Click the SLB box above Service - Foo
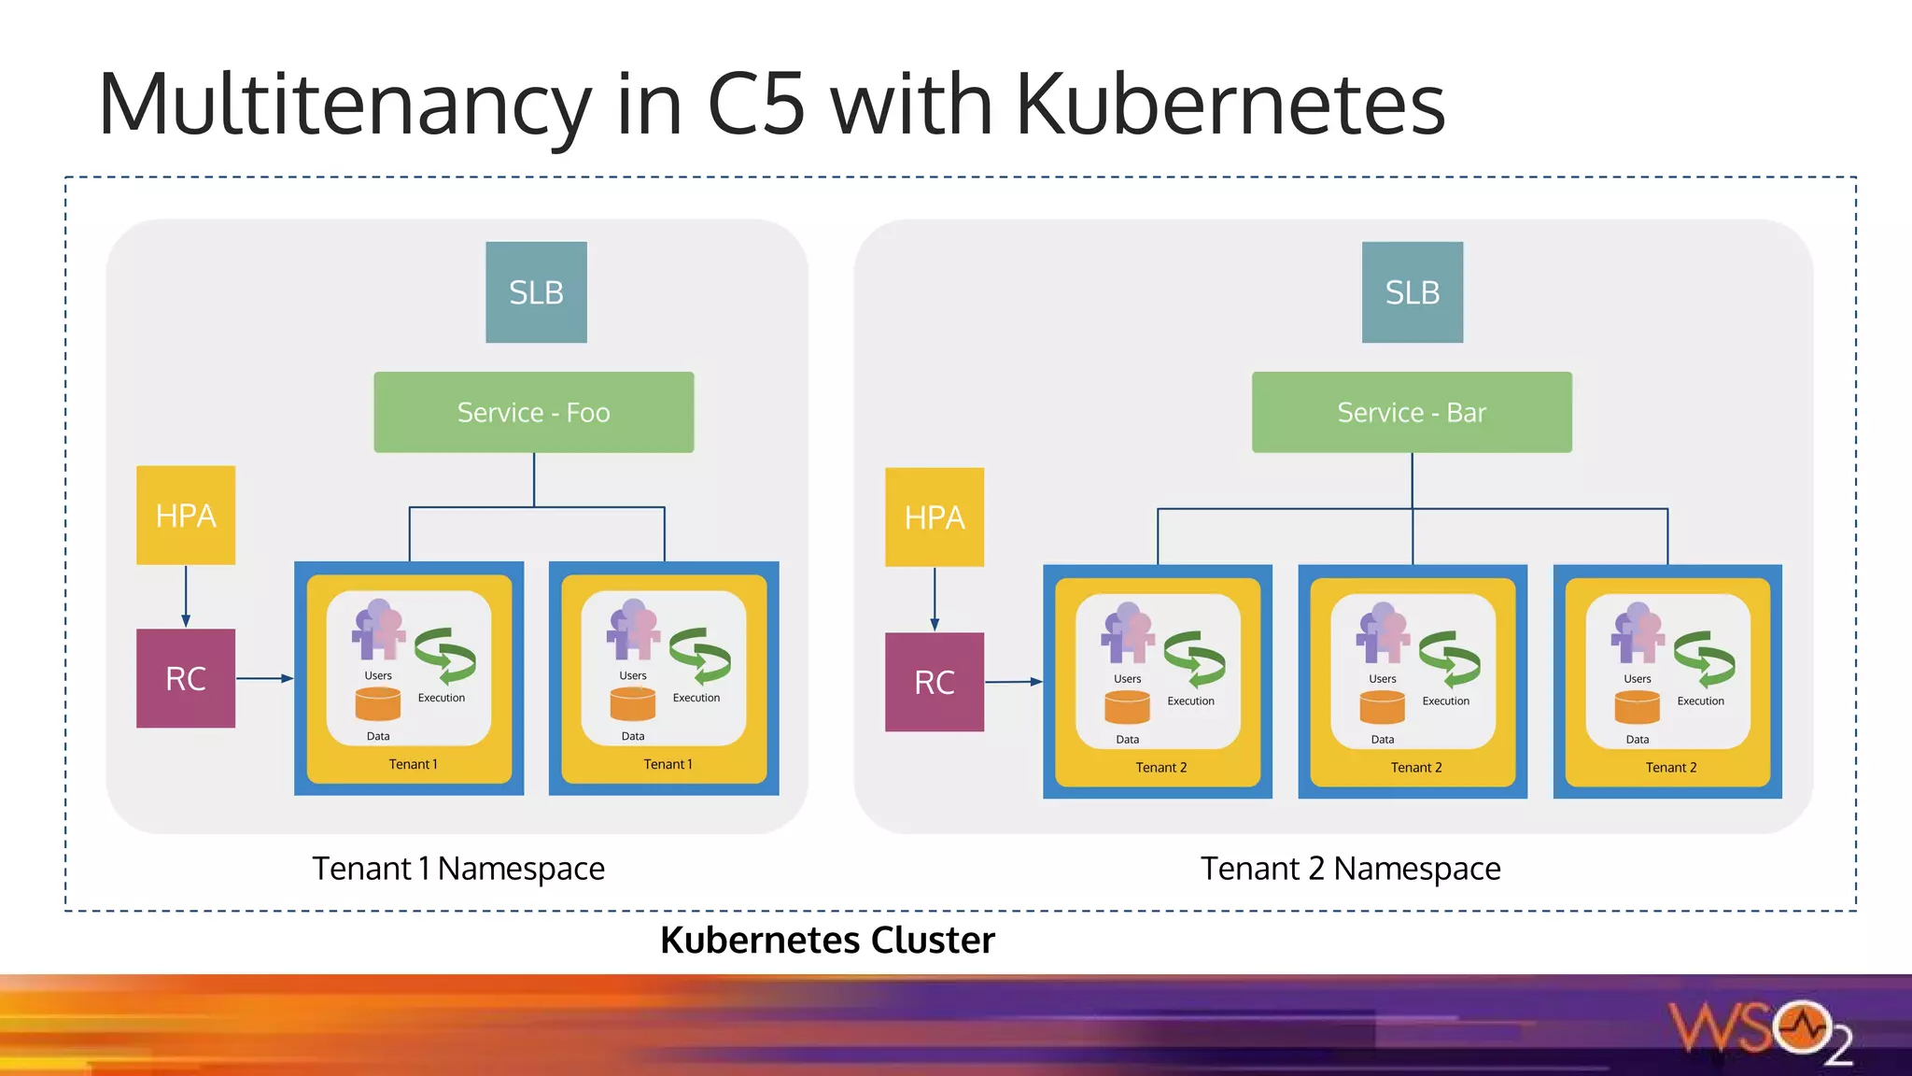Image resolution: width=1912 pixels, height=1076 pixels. point(536,292)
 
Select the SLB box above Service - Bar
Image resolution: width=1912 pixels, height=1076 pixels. point(1412,292)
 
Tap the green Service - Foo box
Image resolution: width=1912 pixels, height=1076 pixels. point(533,412)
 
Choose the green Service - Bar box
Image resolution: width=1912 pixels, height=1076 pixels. point(1411,412)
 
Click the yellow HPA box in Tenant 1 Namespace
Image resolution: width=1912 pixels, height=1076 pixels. point(186,515)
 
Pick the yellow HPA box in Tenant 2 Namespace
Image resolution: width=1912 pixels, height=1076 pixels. point(934,517)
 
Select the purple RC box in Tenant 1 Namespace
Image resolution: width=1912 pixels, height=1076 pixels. point(186,678)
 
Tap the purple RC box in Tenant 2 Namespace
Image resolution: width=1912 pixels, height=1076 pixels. point(934,682)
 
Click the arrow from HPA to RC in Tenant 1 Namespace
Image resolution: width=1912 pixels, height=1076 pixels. point(186,596)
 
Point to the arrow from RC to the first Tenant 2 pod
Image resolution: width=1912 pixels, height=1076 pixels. point(1013,682)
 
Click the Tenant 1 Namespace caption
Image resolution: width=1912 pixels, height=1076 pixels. point(457,869)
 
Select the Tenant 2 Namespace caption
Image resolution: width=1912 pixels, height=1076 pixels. point(1350,869)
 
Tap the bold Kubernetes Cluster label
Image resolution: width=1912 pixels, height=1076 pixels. point(827,940)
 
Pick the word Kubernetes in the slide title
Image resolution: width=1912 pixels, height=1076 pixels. point(1230,104)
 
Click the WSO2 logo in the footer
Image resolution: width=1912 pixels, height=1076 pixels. point(1761,1032)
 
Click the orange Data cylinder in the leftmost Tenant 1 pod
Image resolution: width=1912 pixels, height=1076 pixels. point(378,704)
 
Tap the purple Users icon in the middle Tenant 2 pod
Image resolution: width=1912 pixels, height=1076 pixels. point(1383,632)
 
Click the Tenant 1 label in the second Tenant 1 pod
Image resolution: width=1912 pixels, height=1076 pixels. point(668,764)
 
